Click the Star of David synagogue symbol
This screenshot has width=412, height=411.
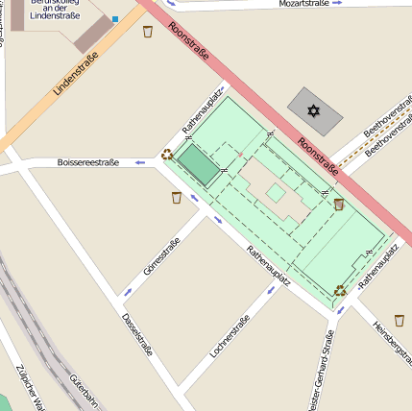pos(313,111)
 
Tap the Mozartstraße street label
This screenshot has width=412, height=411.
pos(303,4)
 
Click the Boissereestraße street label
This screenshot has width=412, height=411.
pos(88,162)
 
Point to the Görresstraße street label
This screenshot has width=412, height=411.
pos(161,256)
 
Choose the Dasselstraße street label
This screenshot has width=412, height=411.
pos(138,335)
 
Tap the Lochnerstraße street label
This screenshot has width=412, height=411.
pos(230,337)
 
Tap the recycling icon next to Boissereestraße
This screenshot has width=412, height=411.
pos(167,154)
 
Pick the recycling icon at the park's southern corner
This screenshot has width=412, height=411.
pos(340,290)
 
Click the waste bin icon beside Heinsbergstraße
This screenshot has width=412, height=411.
pos(400,320)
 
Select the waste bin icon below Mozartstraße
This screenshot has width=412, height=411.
pos(148,32)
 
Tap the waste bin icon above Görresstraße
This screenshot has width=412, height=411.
pos(177,198)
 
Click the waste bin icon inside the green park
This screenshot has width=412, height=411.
pos(339,204)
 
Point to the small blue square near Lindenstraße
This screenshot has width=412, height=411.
pos(115,19)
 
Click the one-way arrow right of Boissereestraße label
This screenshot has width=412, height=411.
pos(139,162)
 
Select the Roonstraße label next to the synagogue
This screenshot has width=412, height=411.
pos(318,157)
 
